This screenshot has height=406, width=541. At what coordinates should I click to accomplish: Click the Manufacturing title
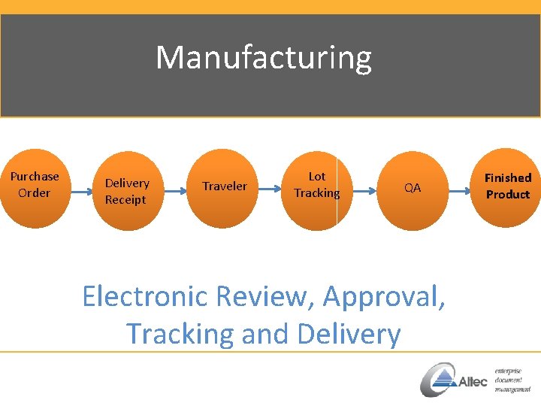263,58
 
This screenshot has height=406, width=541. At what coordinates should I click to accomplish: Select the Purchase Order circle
34,188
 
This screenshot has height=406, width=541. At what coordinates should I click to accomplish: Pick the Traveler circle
223,188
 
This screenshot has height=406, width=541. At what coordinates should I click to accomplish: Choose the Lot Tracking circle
317,188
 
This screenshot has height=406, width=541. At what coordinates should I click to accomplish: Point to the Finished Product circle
508,188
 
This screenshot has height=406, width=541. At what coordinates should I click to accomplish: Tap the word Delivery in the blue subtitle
351,333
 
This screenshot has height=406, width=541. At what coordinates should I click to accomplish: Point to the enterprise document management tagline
512,380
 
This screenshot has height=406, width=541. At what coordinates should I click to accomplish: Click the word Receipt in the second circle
125,199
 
